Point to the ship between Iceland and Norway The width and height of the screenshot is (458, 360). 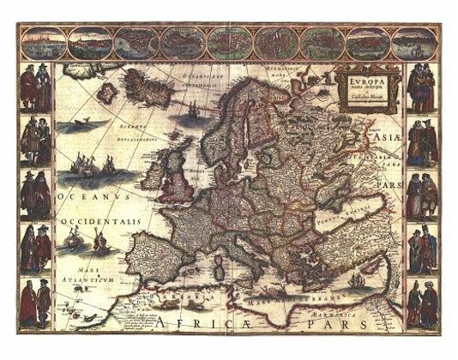point(192,110)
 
